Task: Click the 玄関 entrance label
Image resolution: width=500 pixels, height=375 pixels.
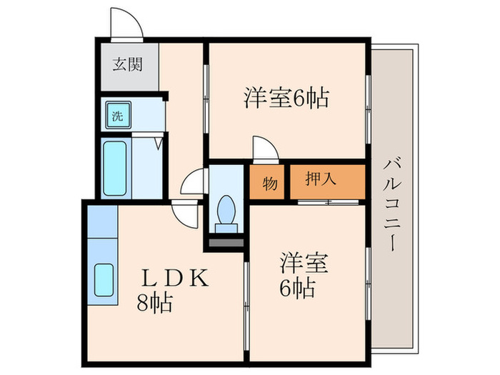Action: coord(128,64)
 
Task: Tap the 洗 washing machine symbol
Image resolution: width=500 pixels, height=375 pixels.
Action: coord(116,114)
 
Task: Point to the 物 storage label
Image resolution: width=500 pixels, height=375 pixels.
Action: coord(269,182)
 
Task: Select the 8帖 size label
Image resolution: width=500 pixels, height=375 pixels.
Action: coord(155,304)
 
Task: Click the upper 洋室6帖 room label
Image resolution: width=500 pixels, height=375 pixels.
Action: coord(286,98)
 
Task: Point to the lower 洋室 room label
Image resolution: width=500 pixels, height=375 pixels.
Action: coord(304,263)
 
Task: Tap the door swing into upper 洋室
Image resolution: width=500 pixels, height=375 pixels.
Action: coord(264,149)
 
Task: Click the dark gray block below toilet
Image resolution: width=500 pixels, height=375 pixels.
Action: coord(226,243)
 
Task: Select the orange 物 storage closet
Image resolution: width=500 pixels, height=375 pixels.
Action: coord(269,182)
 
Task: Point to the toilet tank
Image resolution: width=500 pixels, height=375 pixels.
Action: coord(226,227)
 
